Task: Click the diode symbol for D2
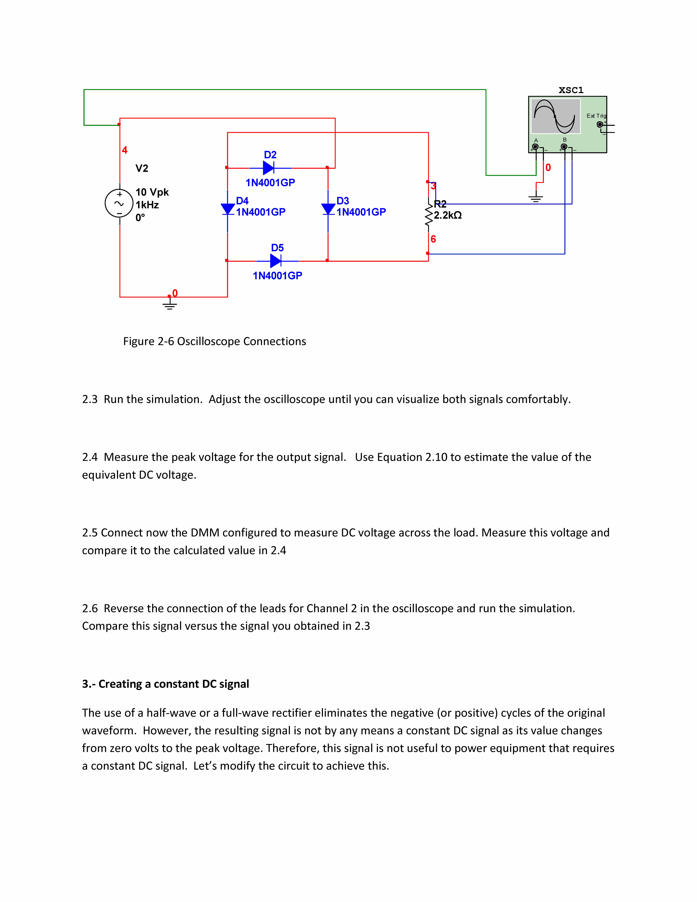[268, 168]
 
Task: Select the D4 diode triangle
[227, 209]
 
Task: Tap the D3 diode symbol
[328, 209]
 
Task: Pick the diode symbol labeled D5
[275, 261]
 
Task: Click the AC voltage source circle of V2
[119, 203]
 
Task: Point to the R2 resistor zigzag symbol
[429, 215]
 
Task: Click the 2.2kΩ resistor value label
[448, 215]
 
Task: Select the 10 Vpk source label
[152, 192]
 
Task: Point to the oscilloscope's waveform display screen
[555, 116]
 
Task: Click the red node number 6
[433, 239]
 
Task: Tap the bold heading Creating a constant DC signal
[173, 684]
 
